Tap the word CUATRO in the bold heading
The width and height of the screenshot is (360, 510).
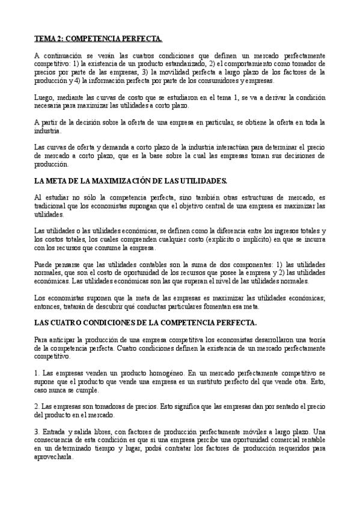(x=66, y=323)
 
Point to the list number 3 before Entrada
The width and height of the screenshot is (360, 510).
(x=37, y=431)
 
